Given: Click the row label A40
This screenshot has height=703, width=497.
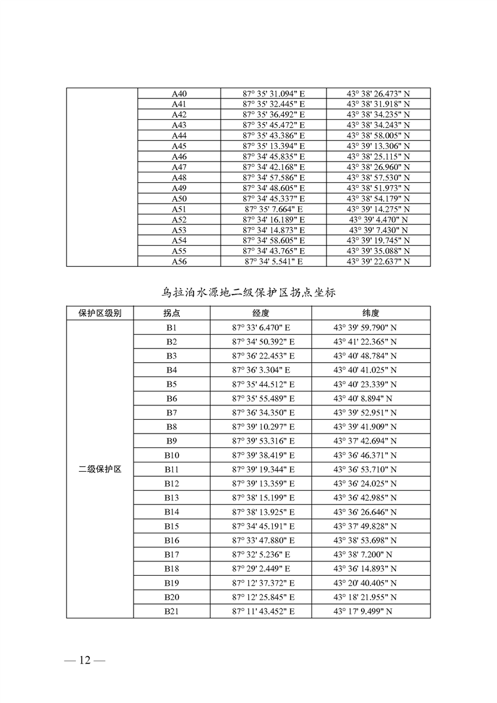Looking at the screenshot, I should [x=179, y=94].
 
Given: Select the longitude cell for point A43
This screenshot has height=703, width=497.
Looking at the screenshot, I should [x=273, y=125].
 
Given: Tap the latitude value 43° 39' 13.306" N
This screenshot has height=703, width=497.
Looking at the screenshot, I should [x=378, y=146].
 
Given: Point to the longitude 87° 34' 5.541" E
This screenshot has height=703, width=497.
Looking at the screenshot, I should [x=273, y=261].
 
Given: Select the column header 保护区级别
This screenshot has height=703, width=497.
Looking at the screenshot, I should [x=100, y=313].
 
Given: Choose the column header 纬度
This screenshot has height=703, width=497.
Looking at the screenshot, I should [x=370, y=313].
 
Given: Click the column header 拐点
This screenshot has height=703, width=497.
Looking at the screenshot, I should [x=172, y=313].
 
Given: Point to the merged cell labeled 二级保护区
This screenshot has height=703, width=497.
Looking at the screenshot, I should [x=100, y=469].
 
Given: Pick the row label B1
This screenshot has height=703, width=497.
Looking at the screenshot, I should [x=172, y=328].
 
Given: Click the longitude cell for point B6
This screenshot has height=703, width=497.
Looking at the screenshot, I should [x=263, y=398].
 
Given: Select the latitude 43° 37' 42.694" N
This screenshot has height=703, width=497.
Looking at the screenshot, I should [x=370, y=441].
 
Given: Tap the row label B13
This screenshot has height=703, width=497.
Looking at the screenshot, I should [x=172, y=497].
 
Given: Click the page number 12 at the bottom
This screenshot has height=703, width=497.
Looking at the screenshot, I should [x=85, y=660].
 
